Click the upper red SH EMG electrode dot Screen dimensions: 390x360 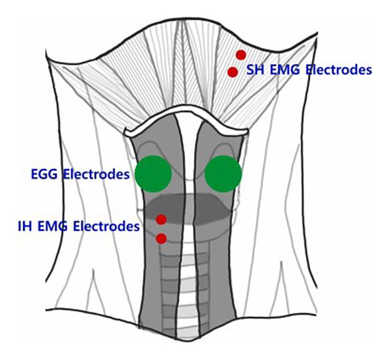coord(241,55)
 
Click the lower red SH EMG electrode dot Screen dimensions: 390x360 coord(233,72)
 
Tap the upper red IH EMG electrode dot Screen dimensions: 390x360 coord(161,220)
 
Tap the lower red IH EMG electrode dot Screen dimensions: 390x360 coord(161,239)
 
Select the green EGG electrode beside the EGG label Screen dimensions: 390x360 coord(154,174)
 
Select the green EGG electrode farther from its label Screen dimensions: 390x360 coord(223,174)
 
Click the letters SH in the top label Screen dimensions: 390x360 coord(255,70)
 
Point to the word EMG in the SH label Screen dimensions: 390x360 coord(285,70)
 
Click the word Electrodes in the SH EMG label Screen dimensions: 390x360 coord(339,70)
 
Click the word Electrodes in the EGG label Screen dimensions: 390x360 coord(97,174)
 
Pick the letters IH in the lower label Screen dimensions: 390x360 coord(25,226)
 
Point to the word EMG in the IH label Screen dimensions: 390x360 coord(53,226)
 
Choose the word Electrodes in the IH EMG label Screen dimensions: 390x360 coord(106,226)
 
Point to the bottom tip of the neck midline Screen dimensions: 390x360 coord(187,341)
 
